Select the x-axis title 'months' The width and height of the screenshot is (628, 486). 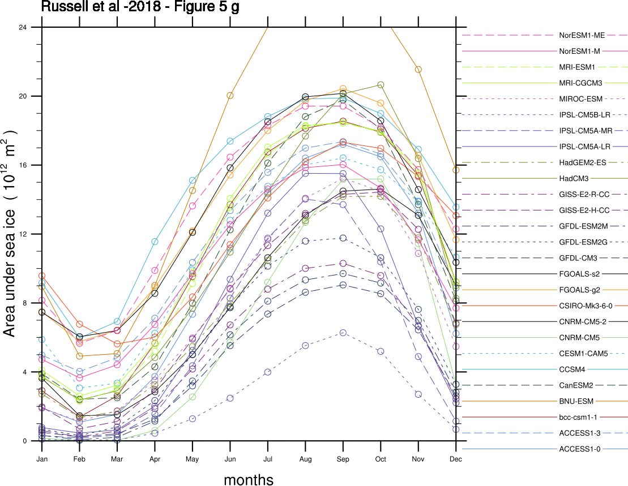(249, 480)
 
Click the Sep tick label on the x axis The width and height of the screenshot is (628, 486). (343, 459)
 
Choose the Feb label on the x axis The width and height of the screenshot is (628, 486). (79, 459)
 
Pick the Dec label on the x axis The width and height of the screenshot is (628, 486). (456, 459)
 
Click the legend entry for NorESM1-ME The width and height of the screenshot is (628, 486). (582, 35)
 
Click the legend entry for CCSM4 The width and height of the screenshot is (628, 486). (590, 369)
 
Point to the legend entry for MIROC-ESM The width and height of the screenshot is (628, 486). (583, 99)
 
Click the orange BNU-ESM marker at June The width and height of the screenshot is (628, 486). (230, 96)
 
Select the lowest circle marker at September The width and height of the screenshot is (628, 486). (343, 333)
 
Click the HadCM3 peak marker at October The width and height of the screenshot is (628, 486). (381, 85)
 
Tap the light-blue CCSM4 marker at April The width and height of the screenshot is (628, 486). (155, 242)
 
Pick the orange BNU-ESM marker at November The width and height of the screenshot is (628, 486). (418, 70)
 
